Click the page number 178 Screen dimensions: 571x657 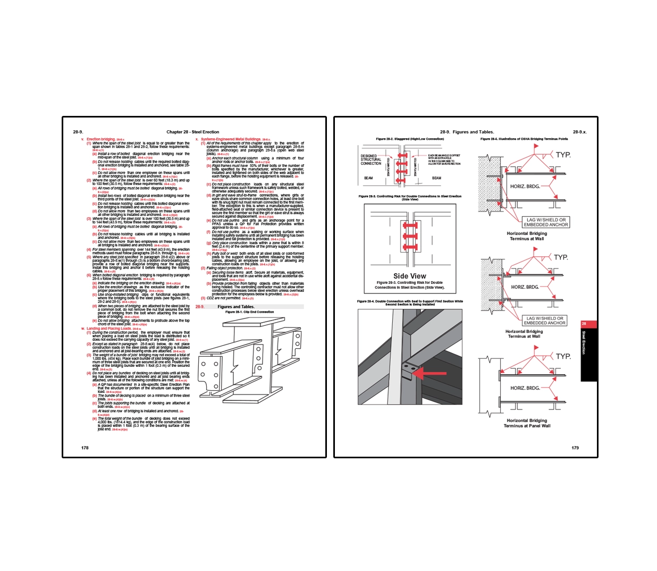tap(85, 448)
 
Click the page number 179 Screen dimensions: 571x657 tap(575, 448)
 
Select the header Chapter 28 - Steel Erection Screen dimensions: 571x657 tap(192, 132)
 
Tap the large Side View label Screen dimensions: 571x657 tap(409, 276)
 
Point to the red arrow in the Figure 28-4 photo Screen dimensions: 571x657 tap(429, 373)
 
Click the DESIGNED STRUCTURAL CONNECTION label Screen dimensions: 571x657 tap(370, 159)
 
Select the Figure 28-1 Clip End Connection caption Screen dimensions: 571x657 tap(249, 312)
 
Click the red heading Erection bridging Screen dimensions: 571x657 tap(101, 139)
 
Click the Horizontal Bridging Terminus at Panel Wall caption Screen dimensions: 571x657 tap(527, 423)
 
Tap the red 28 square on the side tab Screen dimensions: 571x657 tap(584, 324)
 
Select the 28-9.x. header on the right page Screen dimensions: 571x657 tap(579, 132)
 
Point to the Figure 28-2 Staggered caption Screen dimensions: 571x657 tap(409, 139)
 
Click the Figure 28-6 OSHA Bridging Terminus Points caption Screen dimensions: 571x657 tap(524, 139)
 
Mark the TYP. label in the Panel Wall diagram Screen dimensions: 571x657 tap(563, 356)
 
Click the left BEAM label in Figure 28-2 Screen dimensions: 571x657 tap(368, 178)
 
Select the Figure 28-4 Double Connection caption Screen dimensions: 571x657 tap(409, 303)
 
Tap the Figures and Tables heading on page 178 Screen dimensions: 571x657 tap(236, 307)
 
